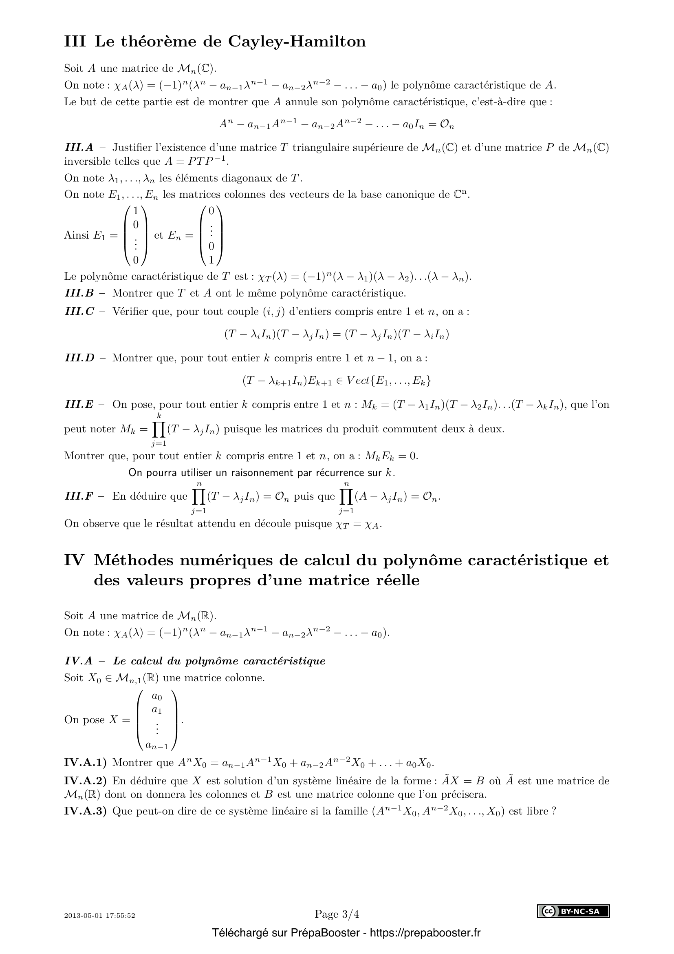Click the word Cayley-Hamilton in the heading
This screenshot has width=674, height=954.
(297, 42)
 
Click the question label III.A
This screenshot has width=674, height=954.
(79, 148)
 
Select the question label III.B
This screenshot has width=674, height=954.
(79, 293)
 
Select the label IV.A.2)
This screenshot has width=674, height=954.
(85, 781)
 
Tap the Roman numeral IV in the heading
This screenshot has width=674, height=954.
(75, 560)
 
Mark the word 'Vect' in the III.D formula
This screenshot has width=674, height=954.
(358, 380)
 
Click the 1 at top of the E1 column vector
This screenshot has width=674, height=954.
(136, 210)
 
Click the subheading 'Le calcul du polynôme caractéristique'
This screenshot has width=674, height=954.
(219, 661)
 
